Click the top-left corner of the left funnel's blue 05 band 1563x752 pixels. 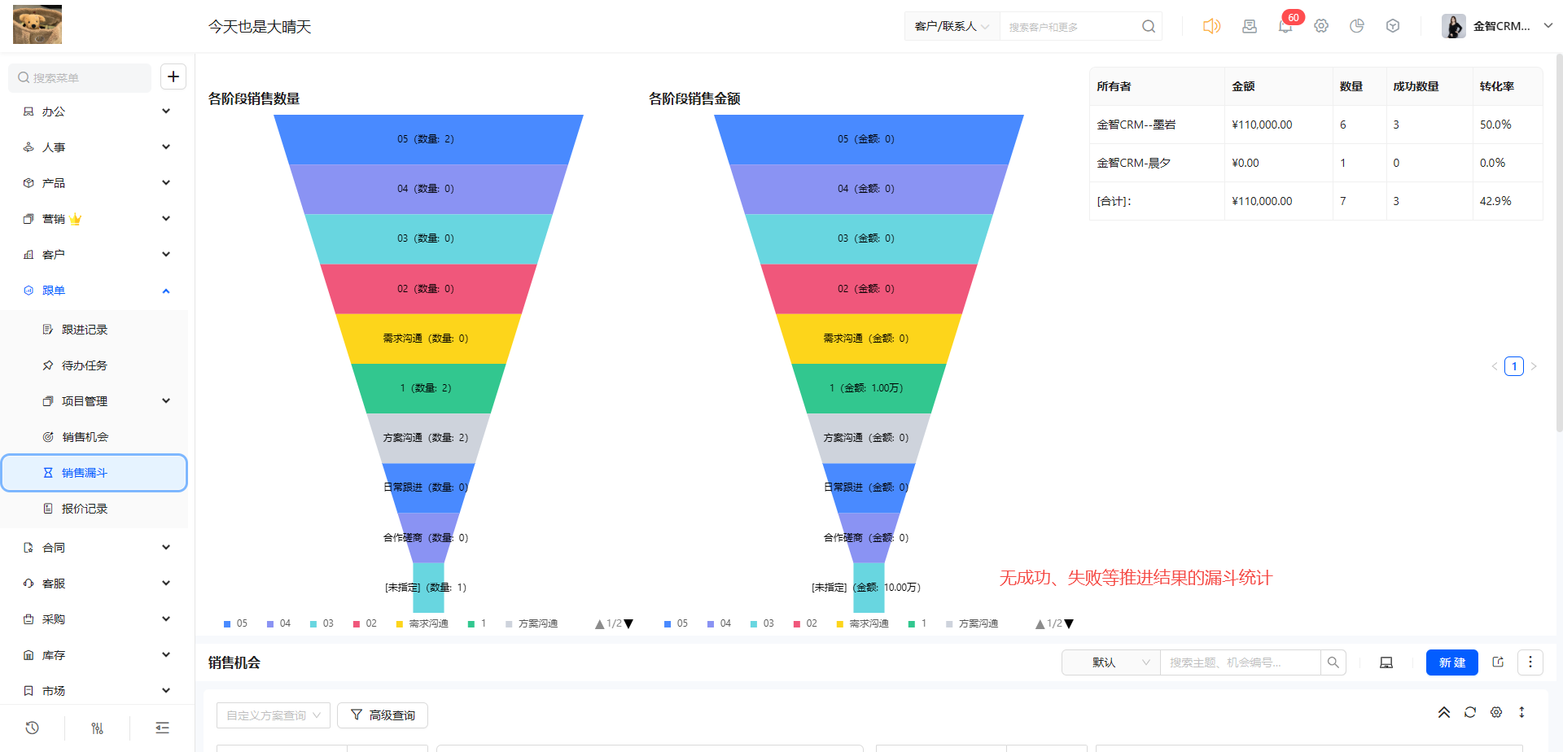pyautogui.click(x=274, y=115)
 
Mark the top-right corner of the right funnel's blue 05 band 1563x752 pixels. pyautogui.click(x=1024, y=115)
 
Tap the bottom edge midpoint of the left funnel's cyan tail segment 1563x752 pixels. pyautogui.click(x=428, y=612)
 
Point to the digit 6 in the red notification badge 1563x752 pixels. pyautogui.click(x=1290, y=18)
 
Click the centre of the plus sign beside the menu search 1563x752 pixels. pyautogui.click(x=173, y=77)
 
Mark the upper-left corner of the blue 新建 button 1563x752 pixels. pyautogui.click(x=1426, y=649)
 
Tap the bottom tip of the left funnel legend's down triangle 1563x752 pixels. pyautogui.click(x=628, y=628)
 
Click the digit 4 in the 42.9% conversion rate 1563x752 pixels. pyautogui.click(x=1483, y=201)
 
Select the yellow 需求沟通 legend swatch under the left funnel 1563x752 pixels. pyautogui.click(x=400, y=624)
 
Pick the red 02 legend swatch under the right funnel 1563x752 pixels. pyautogui.click(x=797, y=624)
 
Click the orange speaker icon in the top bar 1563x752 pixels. pyautogui.click(x=1211, y=26)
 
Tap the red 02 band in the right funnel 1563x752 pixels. pyautogui.click(x=869, y=289)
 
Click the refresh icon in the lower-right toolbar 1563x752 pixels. pyautogui.click(x=1470, y=712)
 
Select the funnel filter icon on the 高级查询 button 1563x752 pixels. pyautogui.click(x=357, y=715)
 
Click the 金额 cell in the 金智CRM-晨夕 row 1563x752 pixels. pyautogui.click(x=1246, y=163)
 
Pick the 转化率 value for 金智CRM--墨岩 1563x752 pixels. pyautogui.click(x=1495, y=125)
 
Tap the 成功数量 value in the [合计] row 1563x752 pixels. pyautogui.click(x=1396, y=201)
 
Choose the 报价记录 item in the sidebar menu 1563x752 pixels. pyautogui.click(x=85, y=509)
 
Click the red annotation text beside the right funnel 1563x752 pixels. pyautogui.click(x=1136, y=578)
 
